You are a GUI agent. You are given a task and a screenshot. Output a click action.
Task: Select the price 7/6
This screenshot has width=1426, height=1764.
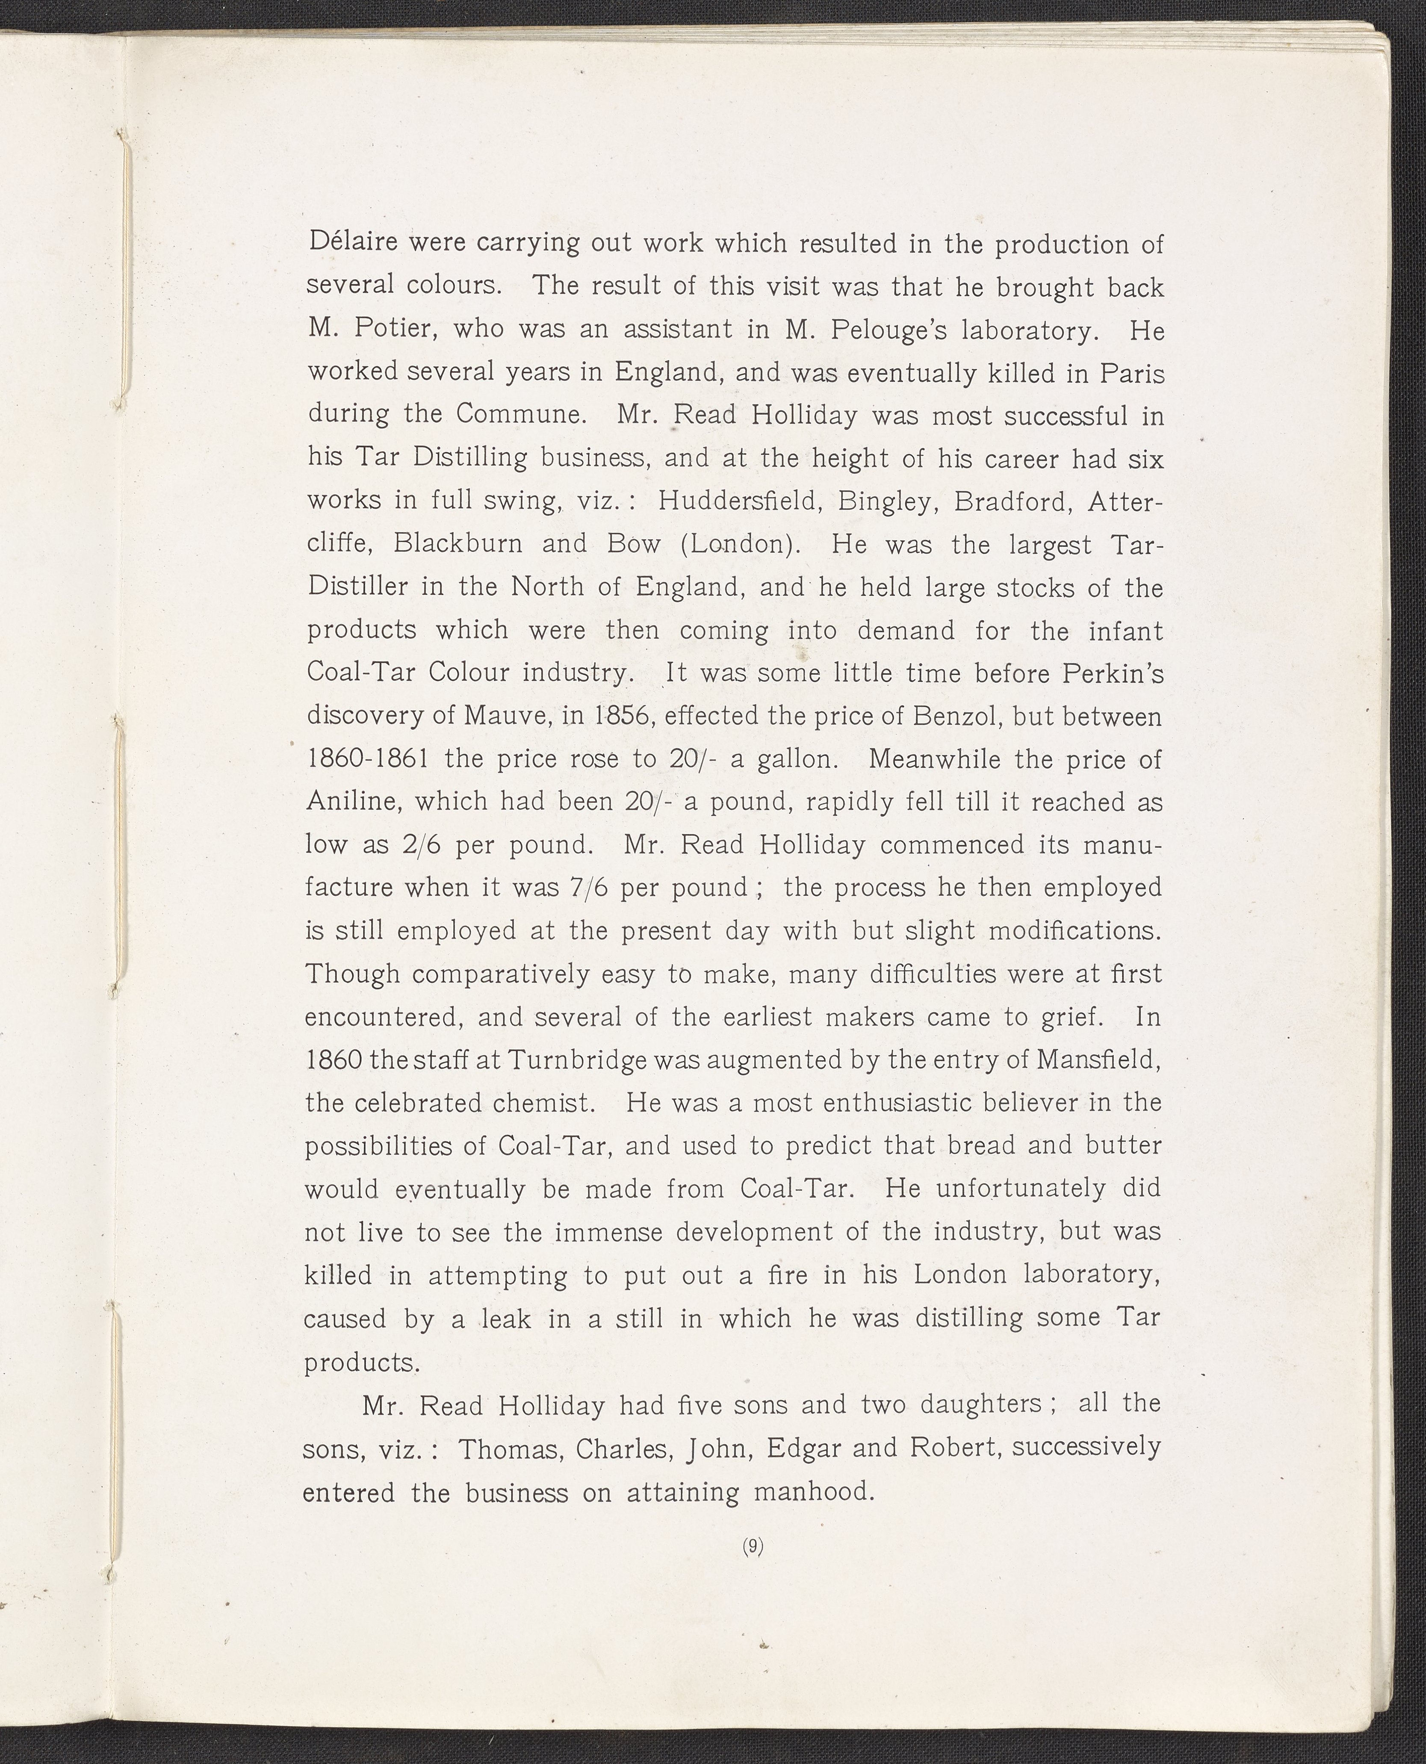[588, 888]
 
